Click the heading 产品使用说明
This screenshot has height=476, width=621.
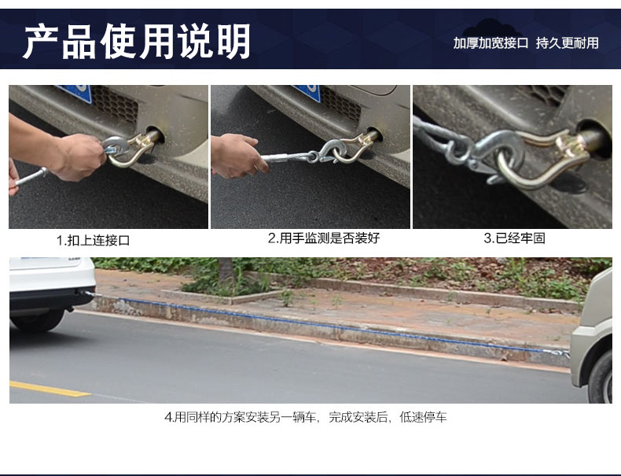coord(137,41)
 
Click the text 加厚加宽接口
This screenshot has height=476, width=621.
coord(491,42)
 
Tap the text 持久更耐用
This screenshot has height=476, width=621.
coord(567,42)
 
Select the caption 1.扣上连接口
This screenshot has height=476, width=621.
coord(93,240)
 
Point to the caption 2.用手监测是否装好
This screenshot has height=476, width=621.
coord(324,238)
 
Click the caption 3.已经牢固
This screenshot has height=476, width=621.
coord(514,238)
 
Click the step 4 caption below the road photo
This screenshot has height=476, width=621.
coord(305,417)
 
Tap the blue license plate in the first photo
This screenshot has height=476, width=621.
coord(75,93)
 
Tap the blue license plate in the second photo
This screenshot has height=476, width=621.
coord(308,92)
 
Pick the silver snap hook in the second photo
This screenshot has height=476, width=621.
coord(332,150)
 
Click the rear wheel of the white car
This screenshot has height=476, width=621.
coord(38,319)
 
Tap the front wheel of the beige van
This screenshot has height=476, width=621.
coord(601,378)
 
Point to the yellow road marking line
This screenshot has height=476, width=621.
coord(50,389)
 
